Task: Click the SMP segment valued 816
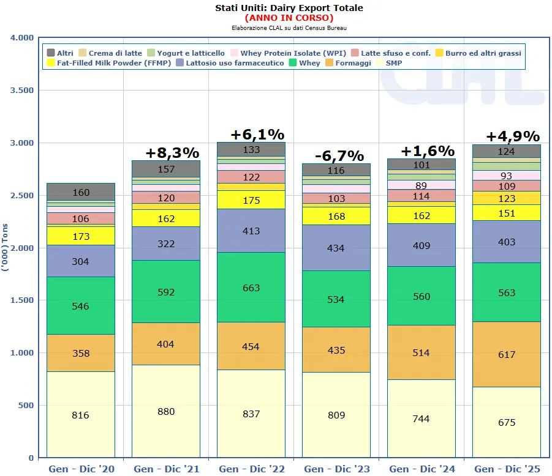tap(80, 415)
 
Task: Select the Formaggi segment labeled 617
tap(507, 354)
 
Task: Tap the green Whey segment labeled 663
tap(251, 288)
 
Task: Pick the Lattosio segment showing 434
tap(336, 248)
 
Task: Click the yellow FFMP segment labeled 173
tap(80, 236)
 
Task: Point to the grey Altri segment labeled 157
tap(165, 169)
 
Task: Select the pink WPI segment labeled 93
tap(507, 176)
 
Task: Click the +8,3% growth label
tap(173, 152)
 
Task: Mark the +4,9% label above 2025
tap(512, 136)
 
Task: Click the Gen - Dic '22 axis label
tap(252, 469)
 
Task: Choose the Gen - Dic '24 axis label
tap(422, 469)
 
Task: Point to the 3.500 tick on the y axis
tap(21, 91)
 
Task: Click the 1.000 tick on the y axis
tap(21, 353)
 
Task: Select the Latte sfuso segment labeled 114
tap(422, 196)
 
